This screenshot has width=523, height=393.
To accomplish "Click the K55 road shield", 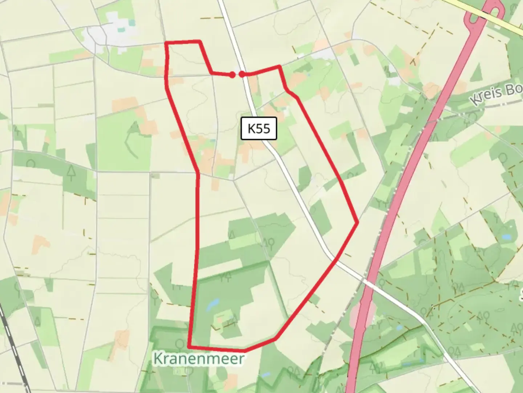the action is point(259,128).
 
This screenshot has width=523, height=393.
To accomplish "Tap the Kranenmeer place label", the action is point(199,359).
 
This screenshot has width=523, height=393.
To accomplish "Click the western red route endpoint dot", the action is point(232,75).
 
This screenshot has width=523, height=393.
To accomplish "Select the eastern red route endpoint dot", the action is point(242,74).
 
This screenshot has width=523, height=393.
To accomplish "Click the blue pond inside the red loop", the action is point(213,304).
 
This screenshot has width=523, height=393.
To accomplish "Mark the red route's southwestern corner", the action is point(189,346).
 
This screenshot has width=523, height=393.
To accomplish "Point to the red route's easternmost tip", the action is point(358,222).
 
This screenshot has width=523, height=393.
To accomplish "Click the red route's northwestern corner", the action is point(166,43).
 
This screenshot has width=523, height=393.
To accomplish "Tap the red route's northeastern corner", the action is point(279,66).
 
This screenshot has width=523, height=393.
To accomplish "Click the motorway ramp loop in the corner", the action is point(487,15).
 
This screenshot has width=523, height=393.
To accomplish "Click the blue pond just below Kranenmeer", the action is point(266,374).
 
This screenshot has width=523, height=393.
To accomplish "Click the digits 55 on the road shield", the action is point(264,128).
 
